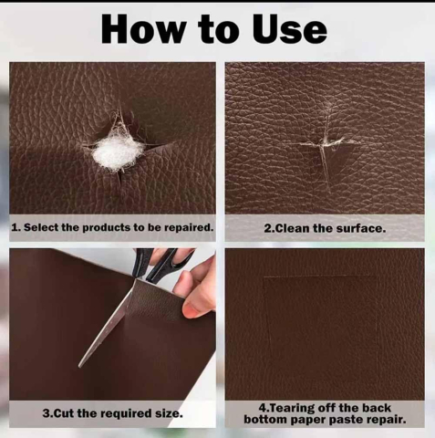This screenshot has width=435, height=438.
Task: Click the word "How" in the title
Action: [x=143, y=29]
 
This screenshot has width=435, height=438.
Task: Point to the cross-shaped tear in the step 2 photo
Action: [x=326, y=146]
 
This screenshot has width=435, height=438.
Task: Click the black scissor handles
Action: [x=161, y=263]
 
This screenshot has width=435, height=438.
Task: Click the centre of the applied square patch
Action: [x=321, y=330]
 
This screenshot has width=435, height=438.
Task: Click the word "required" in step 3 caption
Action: [x=127, y=413]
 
